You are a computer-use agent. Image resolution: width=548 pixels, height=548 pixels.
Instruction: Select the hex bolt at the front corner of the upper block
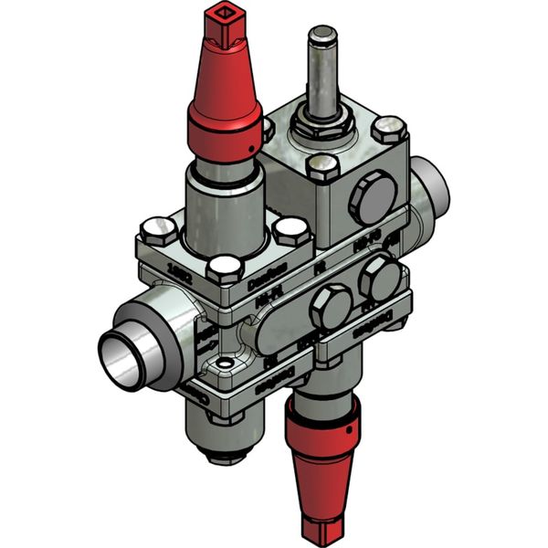tap(323, 168)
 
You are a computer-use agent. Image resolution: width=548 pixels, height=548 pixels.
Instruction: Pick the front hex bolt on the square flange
tap(223, 269)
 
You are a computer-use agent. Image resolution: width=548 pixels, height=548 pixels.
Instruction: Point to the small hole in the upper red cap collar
tap(248, 146)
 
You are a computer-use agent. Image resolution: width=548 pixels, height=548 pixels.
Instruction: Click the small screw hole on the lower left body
tap(217, 370)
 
